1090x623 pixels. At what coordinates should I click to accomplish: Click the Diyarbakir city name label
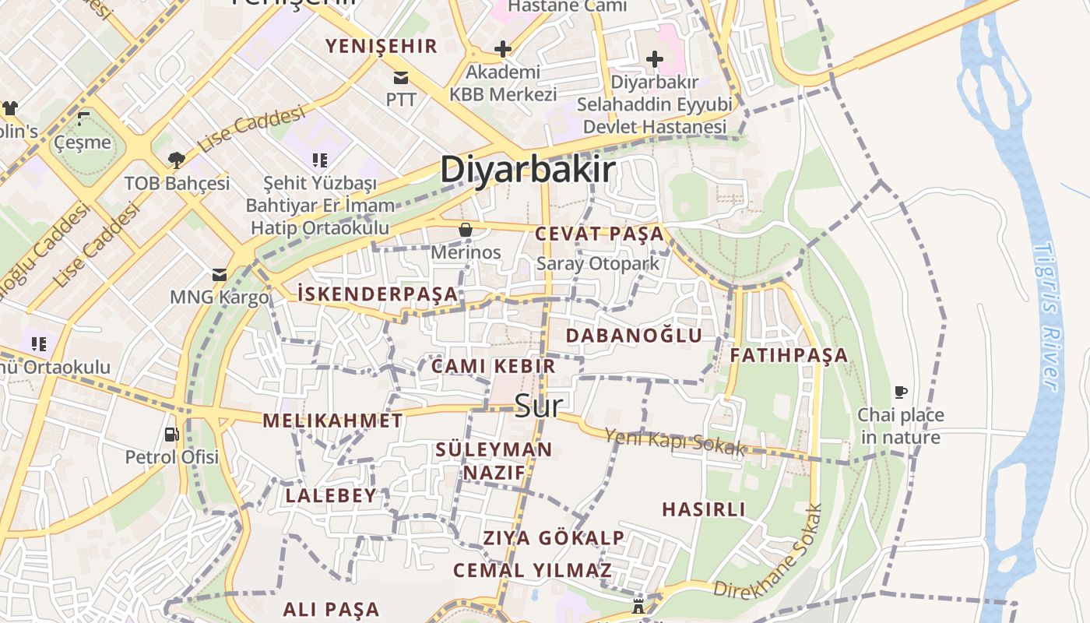tap(528, 170)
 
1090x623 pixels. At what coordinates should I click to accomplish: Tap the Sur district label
tap(539, 406)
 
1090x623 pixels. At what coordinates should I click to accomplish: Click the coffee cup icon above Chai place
tap(901, 392)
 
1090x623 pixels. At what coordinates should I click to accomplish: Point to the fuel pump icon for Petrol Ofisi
tap(171, 434)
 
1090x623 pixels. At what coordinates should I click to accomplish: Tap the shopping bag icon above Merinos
tap(466, 230)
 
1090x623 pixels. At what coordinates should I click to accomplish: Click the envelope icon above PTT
tap(401, 77)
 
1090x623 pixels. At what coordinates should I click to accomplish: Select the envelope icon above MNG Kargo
tap(220, 274)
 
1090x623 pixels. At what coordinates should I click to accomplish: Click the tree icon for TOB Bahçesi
tap(177, 160)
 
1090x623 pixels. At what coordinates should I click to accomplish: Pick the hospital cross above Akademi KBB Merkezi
tap(503, 50)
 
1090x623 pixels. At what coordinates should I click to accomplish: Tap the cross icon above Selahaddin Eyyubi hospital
tap(655, 59)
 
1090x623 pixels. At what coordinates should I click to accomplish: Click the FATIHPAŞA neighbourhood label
tap(789, 355)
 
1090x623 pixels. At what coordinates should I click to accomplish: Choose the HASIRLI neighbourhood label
tap(704, 509)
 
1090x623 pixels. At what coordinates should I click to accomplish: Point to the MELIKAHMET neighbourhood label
tap(332, 421)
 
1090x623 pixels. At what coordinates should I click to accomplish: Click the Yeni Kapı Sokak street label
tap(675, 442)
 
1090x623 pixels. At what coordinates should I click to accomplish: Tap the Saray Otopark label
tap(598, 263)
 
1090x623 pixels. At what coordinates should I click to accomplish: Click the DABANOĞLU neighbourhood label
tap(634, 336)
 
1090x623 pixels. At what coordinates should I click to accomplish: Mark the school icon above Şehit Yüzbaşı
tap(319, 160)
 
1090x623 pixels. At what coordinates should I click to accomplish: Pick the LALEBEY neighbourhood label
tap(331, 495)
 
